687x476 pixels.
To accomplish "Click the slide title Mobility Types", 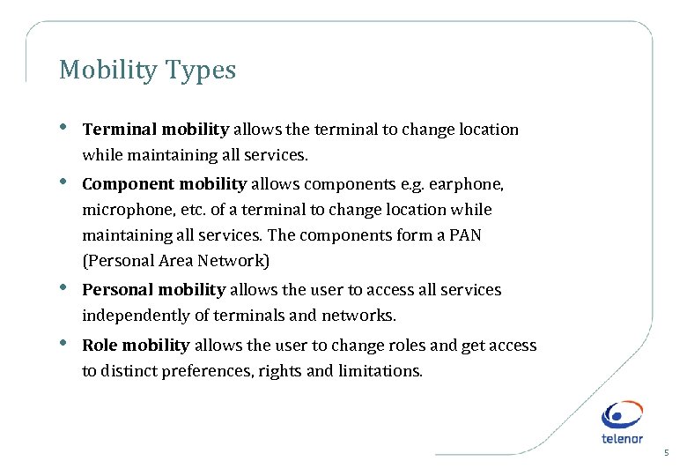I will [147, 71].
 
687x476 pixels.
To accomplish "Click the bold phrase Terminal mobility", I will [155, 130].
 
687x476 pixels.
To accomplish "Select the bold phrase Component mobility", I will [164, 184].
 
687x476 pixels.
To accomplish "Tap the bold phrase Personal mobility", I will [154, 290].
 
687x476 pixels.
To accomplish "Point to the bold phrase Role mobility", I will [136, 346].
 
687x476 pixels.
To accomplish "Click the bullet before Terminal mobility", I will [63, 128].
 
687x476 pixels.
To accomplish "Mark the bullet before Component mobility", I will [63, 182].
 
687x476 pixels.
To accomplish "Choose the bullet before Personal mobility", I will [63, 288].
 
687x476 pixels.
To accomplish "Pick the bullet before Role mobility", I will [63, 344].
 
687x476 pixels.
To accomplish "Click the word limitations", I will [380, 371].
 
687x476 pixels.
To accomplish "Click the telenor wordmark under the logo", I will [622, 438].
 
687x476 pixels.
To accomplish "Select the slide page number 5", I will [667, 453].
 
